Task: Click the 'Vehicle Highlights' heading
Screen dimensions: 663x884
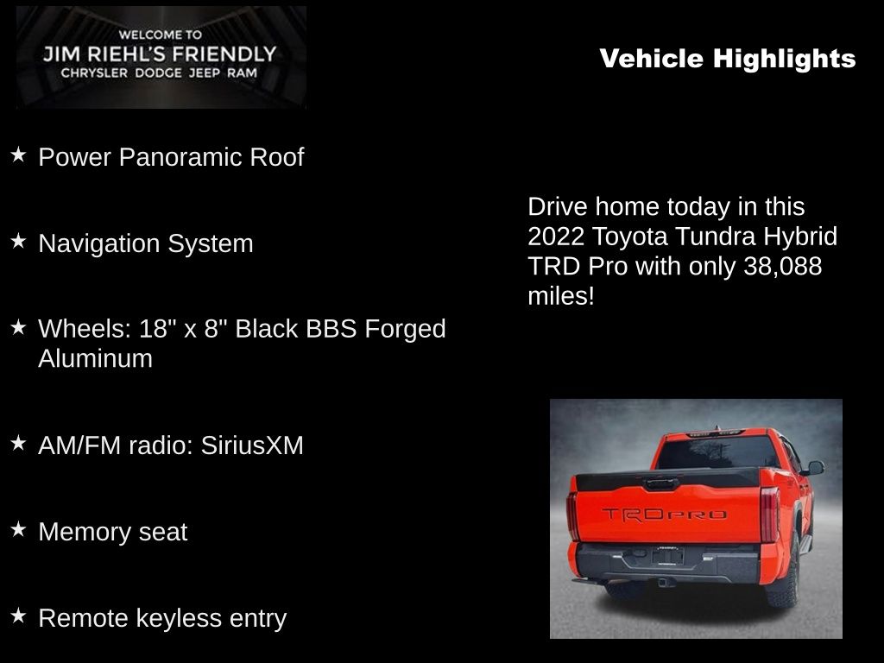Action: click(x=727, y=59)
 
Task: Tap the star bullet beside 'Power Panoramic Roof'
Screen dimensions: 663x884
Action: click(x=18, y=155)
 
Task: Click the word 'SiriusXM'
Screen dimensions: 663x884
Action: click(x=252, y=445)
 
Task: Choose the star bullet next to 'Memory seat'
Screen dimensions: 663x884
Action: click(x=18, y=530)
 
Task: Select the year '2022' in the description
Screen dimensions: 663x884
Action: click(x=556, y=237)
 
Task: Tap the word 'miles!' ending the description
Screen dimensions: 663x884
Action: click(x=561, y=296)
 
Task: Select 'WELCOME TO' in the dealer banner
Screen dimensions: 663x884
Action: click(x=161, y=35)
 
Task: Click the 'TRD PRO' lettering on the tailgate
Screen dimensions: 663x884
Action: click(x=663, y=515)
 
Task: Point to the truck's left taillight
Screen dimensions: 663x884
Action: click(x=572, y=515)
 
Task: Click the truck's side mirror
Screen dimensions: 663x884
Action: click(x=813, y=468)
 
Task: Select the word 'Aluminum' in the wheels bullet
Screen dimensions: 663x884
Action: click(x=95, y=358)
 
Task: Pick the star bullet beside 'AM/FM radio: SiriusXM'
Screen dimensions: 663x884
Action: click(x=18, y=444)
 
